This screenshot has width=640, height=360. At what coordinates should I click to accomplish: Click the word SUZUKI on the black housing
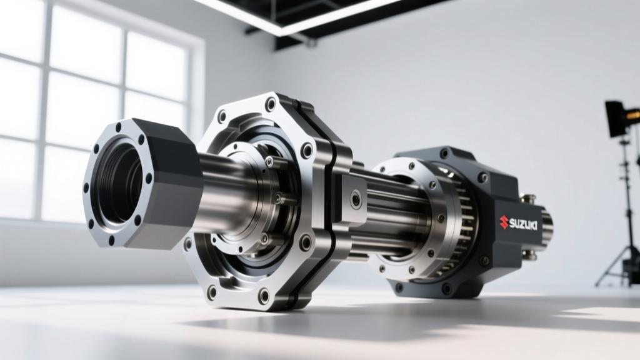pos(523,224)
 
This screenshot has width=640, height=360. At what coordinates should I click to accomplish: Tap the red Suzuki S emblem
pos(504,222)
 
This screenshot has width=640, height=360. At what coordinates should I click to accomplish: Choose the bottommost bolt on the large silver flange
pos(264,296)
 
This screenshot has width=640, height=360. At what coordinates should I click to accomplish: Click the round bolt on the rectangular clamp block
pos(356,199)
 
